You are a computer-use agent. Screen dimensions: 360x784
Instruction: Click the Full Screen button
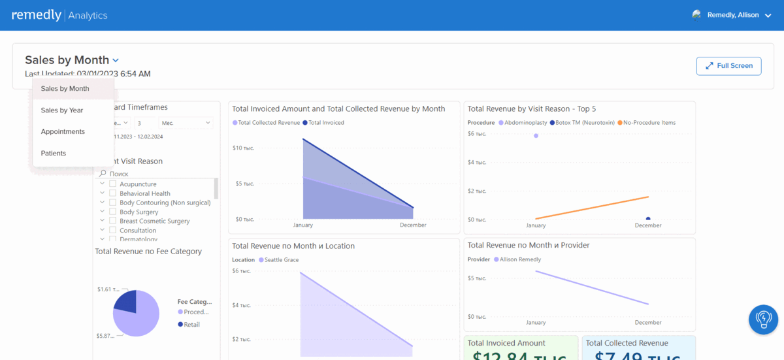click(x=728, y=65)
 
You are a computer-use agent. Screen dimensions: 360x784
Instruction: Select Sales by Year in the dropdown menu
click(x=62, y=110)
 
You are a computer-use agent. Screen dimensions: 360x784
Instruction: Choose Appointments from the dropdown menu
click(x=63, y=132)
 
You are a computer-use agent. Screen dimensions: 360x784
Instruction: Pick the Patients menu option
click(x=54, y=154)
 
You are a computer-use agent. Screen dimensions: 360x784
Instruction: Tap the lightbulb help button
click(x=763, y=319)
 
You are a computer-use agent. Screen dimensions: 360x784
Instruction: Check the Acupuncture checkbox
click(x=113, y=184)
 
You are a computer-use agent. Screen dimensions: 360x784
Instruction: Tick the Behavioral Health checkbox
click(x=113, y=193)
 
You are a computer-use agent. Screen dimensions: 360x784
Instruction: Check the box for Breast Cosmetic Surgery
click(x=113, y=221)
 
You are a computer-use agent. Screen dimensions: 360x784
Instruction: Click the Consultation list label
click(x=138, y=231)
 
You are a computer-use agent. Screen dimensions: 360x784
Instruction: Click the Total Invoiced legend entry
click(x=325, y=123)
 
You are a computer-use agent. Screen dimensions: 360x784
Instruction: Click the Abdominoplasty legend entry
click(x=525, y=123)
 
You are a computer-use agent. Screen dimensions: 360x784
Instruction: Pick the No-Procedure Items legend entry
click(x=649, y=123)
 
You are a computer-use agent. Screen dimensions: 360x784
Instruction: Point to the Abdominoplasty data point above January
click(x=536, y=136)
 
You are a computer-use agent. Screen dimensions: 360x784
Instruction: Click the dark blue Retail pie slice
click(x=127, y=301)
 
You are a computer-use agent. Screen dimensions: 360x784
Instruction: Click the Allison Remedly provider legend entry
click(x=520, y=260)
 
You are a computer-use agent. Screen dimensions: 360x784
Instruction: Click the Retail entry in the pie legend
click(x=191, y=325)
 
